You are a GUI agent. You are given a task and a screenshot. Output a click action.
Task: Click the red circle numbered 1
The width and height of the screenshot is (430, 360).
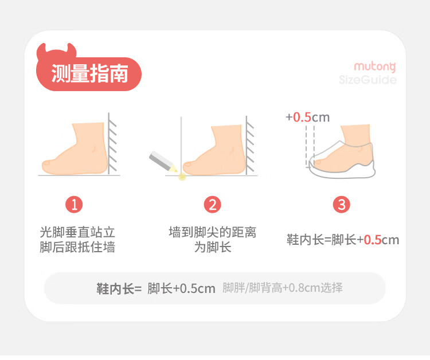click(74, 205)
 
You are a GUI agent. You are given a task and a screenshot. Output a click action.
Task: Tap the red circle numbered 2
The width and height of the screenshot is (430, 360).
click(213, 205)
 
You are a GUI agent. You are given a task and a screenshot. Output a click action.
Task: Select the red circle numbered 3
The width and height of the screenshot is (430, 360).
click(342, 205)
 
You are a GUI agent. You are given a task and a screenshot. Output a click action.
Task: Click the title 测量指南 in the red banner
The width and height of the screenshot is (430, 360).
click(89, 73)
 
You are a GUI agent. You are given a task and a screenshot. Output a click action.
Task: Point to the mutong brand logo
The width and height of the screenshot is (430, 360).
click(375, 67)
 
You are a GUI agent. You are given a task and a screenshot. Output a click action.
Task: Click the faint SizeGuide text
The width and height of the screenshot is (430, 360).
click(368, 80)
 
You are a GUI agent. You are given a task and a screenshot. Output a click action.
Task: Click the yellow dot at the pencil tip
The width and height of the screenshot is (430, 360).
click(182, 177)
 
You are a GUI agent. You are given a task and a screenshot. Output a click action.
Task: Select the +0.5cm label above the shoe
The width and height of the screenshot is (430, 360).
click(307, 118)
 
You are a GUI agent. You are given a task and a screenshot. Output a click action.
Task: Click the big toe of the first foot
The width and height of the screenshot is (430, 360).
click(47, 164)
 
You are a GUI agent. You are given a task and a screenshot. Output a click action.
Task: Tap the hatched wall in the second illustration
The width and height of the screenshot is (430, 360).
click(249, 145)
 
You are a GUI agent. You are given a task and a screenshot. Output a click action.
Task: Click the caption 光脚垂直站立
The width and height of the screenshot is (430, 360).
click(77, 233)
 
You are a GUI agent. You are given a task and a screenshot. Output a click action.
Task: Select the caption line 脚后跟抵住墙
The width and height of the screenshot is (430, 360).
click(77, 247)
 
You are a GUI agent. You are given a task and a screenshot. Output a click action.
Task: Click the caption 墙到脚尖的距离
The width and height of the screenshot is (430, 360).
click(213, 233)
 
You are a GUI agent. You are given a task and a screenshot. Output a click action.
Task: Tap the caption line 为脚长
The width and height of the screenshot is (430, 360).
click(213, 247)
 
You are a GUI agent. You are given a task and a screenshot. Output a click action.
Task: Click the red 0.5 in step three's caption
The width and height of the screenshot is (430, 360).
click(373, 240)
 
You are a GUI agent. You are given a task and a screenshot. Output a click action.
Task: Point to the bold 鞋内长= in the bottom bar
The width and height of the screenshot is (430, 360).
click(119, 289)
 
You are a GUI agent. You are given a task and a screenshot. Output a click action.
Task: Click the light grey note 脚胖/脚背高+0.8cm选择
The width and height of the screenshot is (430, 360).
click(283, 288)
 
